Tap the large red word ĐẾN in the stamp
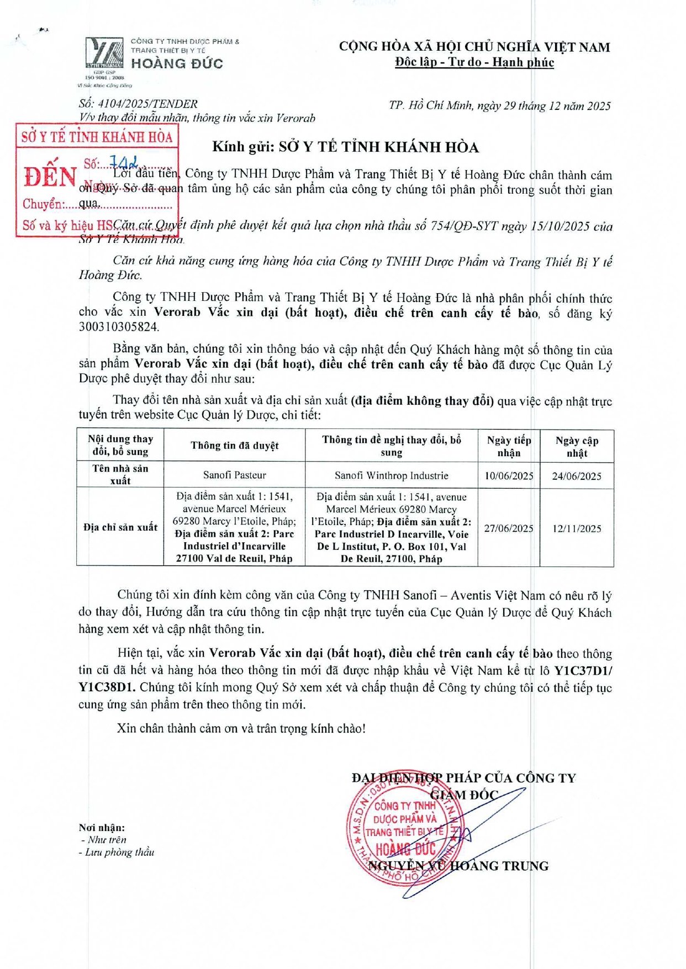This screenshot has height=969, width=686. click(x=50, y=177)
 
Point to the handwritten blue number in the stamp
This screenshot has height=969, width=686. click(x=123, y=162)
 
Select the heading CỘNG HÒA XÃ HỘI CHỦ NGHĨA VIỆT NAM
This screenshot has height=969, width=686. click(x=474, y=47)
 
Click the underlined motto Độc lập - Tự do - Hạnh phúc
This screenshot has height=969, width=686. click(x=474, y=62)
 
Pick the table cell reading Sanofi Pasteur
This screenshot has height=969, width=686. click(x=234, y=475)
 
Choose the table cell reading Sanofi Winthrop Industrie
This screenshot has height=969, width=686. click(x=391, y=475)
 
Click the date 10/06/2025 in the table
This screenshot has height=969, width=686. click(x=509, y=475)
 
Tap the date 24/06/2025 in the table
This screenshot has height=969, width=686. click(x=577, y=476)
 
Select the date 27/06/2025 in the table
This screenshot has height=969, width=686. click(x=509, y=528)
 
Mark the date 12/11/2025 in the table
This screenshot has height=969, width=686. click(x=577, y=528)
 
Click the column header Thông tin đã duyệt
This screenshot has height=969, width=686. click(x=234, y=446)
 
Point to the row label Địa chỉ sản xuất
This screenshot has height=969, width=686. click(x=120, y=527)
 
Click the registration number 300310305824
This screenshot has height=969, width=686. click(x=119, y=327)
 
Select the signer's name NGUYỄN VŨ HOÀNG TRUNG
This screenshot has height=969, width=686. click(x=458, y=866)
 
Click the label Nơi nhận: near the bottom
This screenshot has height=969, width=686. click(x=102, y=827)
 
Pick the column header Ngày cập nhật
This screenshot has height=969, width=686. click(x=577, y=446)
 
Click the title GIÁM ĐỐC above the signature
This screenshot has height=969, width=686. click(x=464, y=795)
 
